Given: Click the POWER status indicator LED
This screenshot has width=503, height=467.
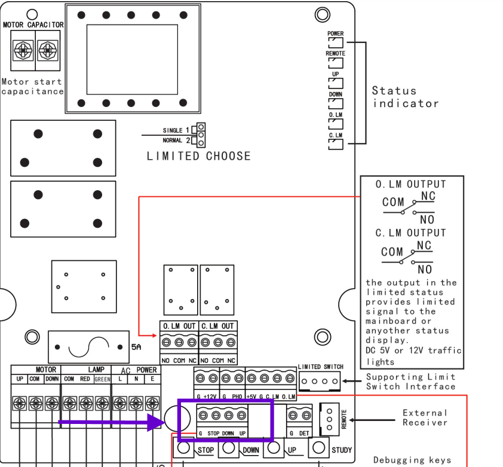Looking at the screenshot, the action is pyautogui.click(x=336, y=42).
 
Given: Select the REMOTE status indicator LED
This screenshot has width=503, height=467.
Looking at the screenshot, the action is pyautogui.click(x=336, y=63).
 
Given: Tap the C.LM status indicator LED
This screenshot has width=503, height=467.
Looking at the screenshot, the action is pyautogui.click(x=336, y=144).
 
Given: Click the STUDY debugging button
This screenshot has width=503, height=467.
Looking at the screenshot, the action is pyautogui.click(x=318, y=447).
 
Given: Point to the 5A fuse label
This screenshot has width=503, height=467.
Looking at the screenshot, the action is pyautogui.click(x=136, y=347).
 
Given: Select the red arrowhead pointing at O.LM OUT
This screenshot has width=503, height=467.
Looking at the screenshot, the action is pyautogui.click(x=154, y=335).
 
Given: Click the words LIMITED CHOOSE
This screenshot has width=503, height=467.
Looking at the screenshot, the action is pyautogui.click(x=198, y=156).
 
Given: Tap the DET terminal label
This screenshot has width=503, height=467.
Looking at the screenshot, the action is pyautogui.click(x=304, y=434).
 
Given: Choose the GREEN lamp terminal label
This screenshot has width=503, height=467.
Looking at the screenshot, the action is pyautogui.click(x=102, y=379).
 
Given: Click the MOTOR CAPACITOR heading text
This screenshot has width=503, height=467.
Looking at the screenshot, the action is pyautogui.click(x=33, y=25).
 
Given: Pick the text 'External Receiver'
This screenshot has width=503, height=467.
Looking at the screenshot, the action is pyautogui.click(x=425, y=417).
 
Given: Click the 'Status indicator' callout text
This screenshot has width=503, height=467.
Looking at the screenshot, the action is pyautogui.click(x=406, y=97).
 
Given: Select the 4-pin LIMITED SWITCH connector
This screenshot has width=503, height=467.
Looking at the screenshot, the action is pyautogui.click(x=320, y=381).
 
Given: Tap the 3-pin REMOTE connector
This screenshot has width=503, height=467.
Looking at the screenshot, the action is pyautogui.click(x=329, y=420).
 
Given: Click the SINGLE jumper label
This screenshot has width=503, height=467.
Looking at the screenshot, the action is pyautogui.click(x=173, y=130).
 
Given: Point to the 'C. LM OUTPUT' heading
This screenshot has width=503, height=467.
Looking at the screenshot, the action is pyautogui.click(x=410, y=233).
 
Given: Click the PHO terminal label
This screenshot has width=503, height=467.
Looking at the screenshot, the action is pyautogui.click(x=237, y=396).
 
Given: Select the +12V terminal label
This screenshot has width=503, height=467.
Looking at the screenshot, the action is pyautogui.click(x=210, y=396).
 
